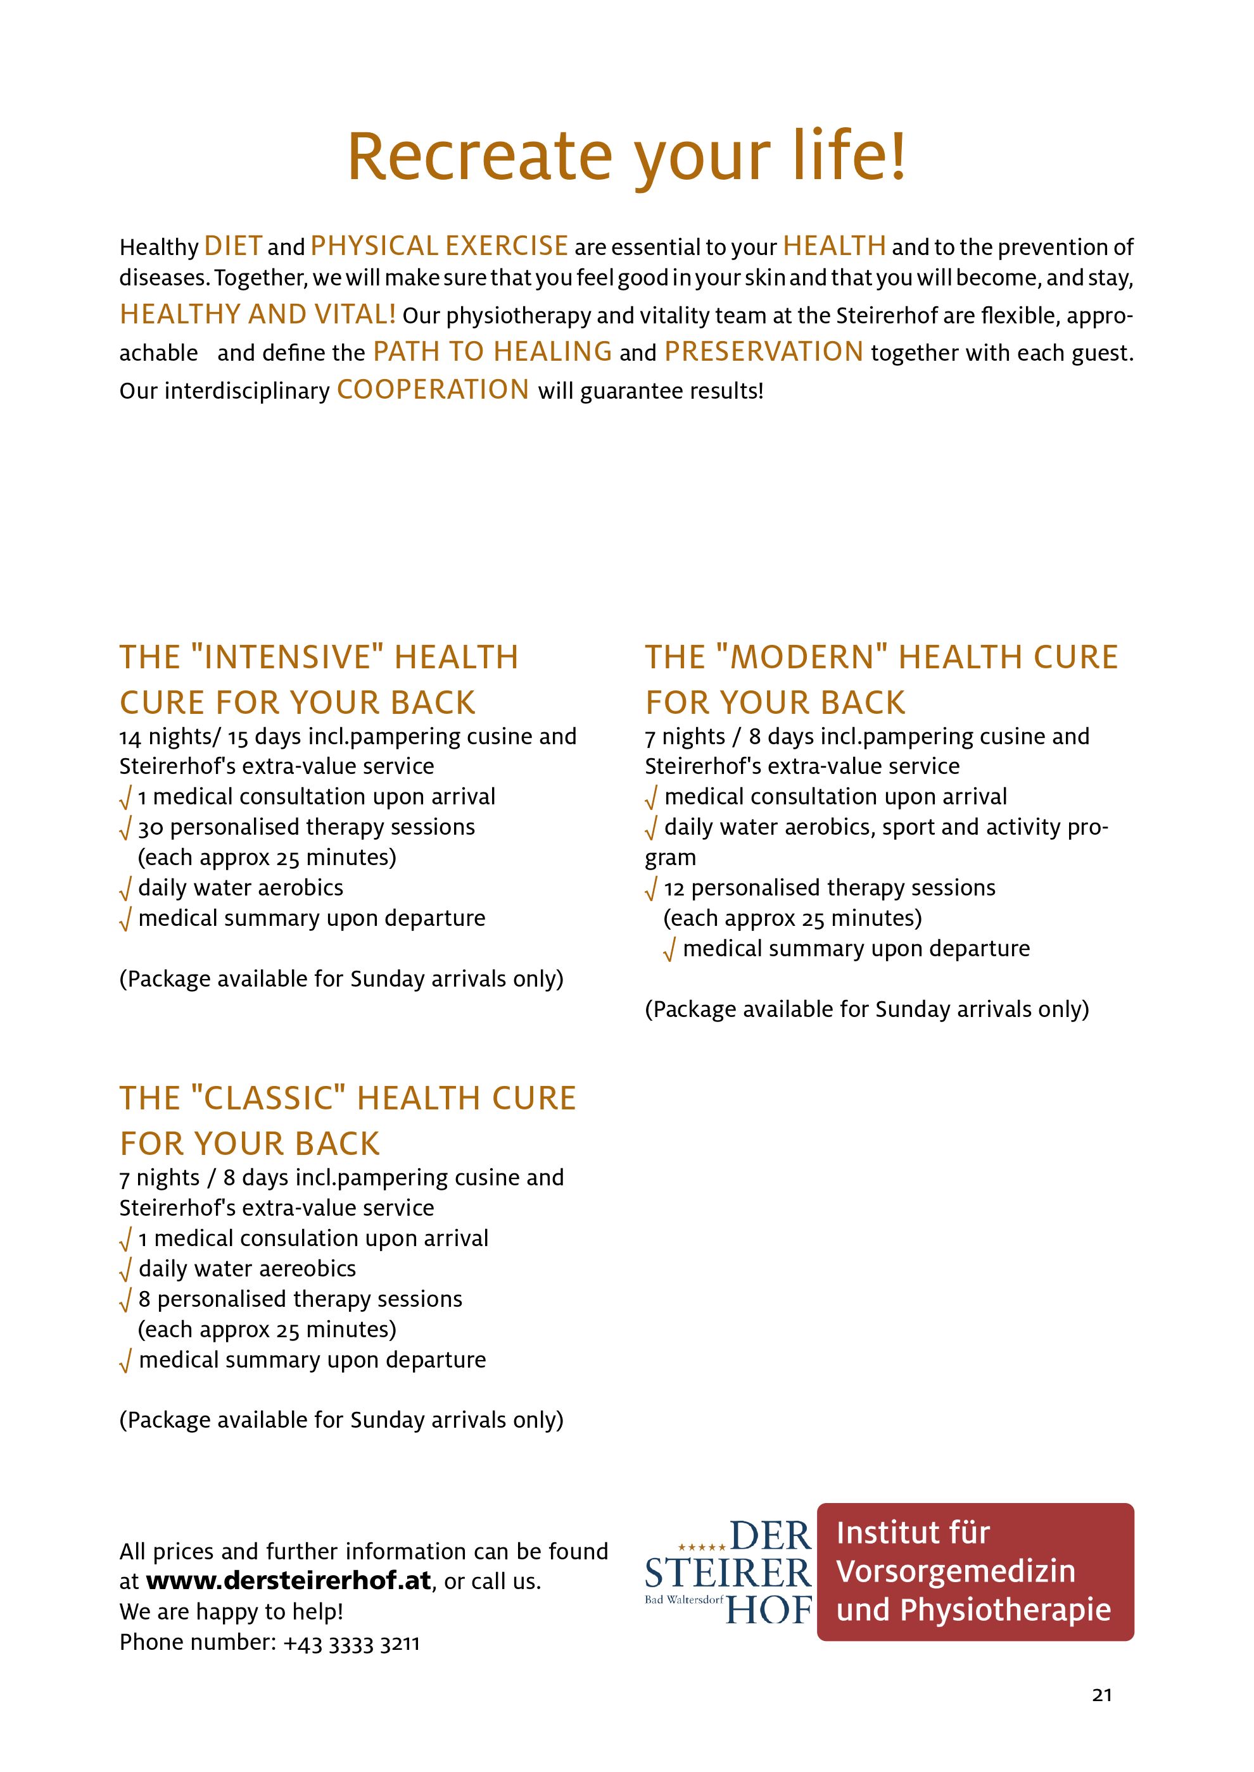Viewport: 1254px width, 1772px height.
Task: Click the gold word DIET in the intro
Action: pos(233,246)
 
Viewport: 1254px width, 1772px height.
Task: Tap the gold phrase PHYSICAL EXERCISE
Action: pos(440,246)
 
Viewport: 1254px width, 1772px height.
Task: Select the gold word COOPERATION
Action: pos(433,390)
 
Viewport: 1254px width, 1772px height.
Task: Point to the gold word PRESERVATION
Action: pos(764,352)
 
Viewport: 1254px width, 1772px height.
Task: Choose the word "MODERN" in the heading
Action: pos(806,658)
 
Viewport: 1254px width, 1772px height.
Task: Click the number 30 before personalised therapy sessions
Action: pos(151,827)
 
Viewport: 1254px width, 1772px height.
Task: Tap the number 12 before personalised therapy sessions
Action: pos(674,889)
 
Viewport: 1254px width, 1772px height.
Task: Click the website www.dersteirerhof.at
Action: pos(288,1582)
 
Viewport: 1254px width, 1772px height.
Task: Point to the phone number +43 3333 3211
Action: pos(351,1642)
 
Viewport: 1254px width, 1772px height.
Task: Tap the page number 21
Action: pos(1102,1695)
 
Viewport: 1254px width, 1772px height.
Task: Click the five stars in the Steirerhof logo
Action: pos(701,1547)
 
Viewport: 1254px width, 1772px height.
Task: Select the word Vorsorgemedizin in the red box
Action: pos(955,1571)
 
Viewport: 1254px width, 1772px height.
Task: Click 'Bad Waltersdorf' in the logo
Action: pos(684,1599)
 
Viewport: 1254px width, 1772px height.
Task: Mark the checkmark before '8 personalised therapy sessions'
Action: pos(126,1301)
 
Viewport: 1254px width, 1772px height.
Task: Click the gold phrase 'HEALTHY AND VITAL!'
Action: pos(258,314)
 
